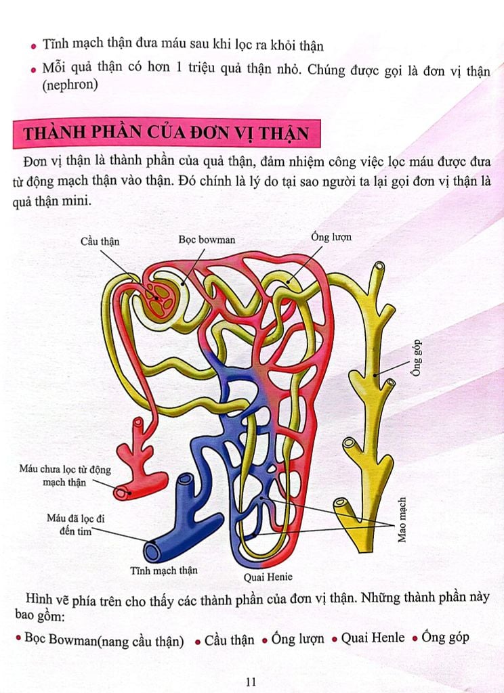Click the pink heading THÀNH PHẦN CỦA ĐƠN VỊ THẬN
coord(166,133)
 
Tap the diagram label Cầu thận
coord(100,242)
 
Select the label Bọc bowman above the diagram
coord(207,240)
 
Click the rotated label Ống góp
coord(417,358)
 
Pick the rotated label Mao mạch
coord(401,520)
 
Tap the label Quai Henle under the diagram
coord(268,577)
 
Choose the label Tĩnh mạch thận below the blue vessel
coord(164,571)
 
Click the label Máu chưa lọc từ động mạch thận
coord(64,476)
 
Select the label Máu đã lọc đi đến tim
coord(76,524)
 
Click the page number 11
coord(251,681)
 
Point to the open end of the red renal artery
coord(122,493)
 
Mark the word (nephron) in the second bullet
coord(70,85)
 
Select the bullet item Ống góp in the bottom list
coord(444,637)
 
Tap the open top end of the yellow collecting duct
coord(379,267)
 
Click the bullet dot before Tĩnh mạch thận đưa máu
coord(34,46)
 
